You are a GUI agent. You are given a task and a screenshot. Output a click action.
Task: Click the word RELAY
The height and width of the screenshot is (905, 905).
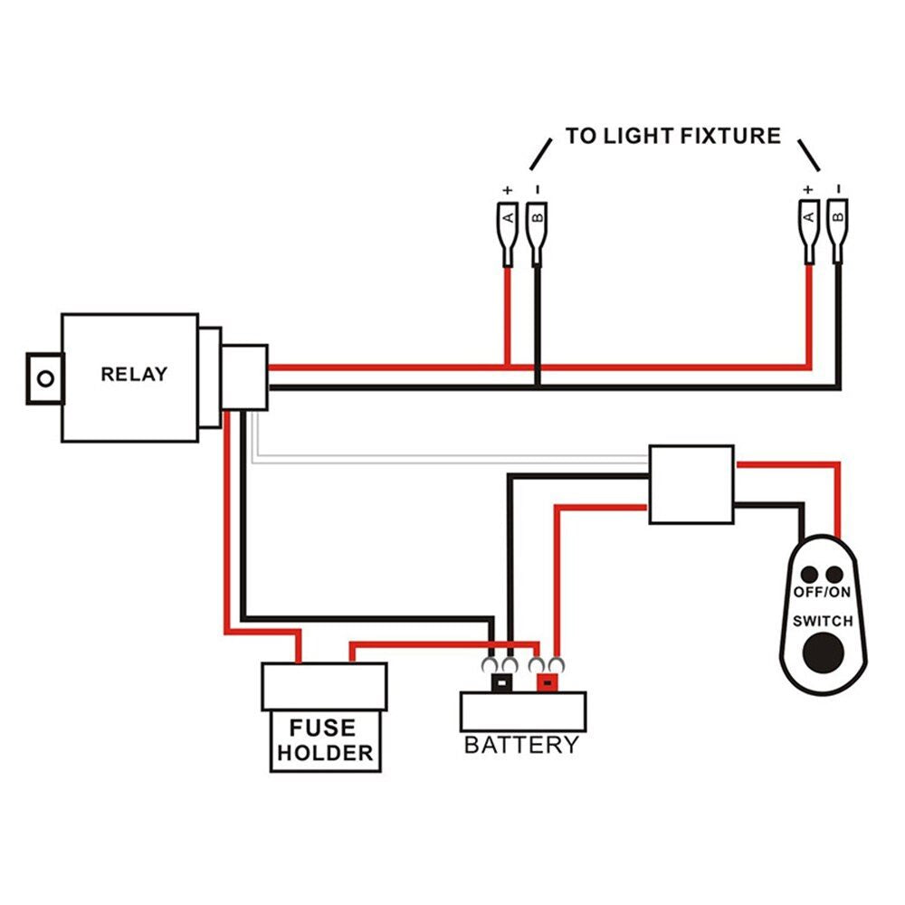tap(134, 374)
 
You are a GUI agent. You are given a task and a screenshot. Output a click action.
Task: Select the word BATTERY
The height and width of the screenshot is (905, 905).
tap(521, 746)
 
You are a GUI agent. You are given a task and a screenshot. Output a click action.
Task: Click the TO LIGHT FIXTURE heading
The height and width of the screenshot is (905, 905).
tap(672, 137)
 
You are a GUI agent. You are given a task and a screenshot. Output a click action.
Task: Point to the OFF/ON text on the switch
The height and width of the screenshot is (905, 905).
tap(823, 593)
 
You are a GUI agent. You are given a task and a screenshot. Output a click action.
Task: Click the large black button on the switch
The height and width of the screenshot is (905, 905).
tap(823, 653)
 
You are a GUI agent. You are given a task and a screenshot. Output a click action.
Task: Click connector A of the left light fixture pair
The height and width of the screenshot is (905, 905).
tap(508, 219)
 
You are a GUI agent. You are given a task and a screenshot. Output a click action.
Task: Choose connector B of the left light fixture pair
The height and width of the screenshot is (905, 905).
tap(538, 219)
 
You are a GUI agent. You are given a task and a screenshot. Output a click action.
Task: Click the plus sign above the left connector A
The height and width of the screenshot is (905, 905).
tap(507, 190)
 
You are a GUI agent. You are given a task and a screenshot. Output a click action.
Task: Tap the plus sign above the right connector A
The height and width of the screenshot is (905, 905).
tap(807, 189)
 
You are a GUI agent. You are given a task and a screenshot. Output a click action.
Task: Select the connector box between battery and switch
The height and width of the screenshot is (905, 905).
tap(691, 483)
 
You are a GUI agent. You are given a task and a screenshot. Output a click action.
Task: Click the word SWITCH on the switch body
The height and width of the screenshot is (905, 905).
tap(823, 621)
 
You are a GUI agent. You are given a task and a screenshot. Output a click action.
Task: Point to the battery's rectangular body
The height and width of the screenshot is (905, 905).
tap(522, 711)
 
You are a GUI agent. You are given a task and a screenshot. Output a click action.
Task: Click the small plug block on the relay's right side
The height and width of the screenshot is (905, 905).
tap(244, 376)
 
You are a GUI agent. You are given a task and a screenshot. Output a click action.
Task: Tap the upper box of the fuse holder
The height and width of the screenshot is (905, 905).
tap(324, 686)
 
